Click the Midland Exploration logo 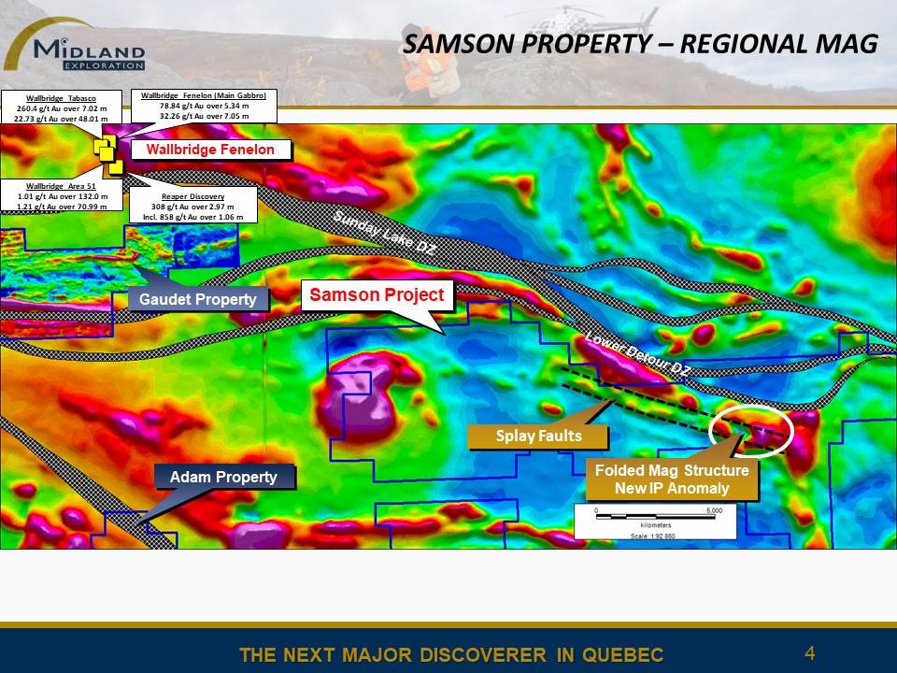pos(75,46)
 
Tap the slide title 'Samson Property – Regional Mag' pos(640,44)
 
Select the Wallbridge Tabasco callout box pos(61,108)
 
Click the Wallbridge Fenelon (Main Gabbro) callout pos(204,106)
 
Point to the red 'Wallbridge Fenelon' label pos(210,150)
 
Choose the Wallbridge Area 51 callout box pos(62,195)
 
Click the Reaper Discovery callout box pos(192,206)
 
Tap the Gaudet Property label pos(198,299)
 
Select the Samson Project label pos(377,294)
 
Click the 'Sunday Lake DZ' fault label pos(384,232)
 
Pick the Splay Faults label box pos(538,437)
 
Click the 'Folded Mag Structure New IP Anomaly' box pos(672,480)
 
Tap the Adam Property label pos(223,477)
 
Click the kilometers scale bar pos(656,517)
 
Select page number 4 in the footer pos(809,652)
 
